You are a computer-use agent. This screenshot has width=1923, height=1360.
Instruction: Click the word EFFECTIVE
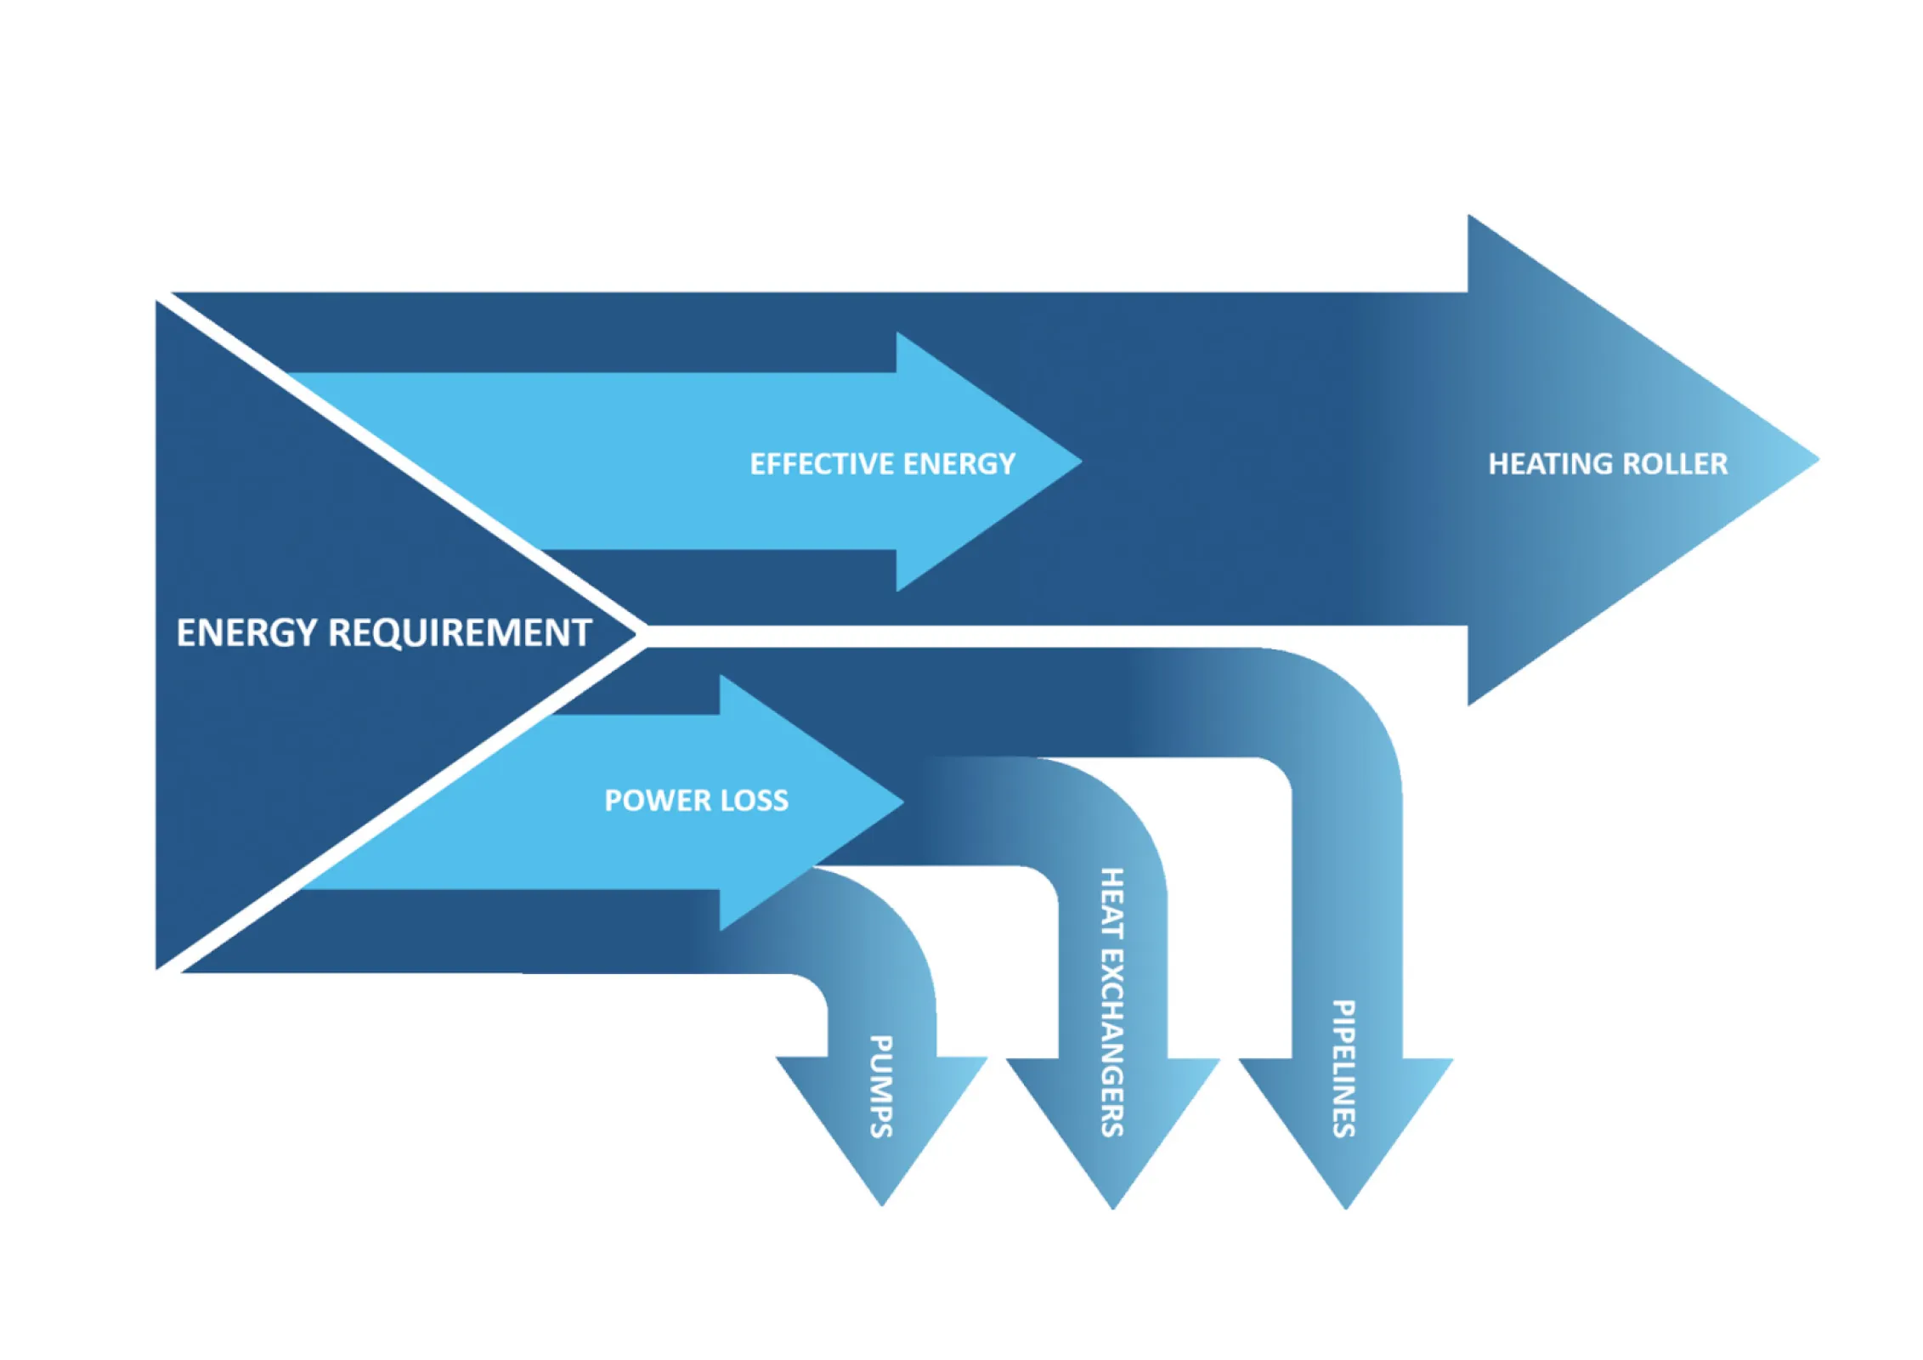pos(822,464)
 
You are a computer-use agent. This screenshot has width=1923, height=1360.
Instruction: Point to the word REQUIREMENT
pos(460,633)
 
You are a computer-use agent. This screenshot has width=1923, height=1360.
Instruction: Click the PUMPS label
pos(880,1086)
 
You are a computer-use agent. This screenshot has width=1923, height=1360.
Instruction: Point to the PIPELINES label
pos(1343,1068)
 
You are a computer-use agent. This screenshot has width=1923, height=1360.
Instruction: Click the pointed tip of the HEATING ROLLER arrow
pos(1817,460)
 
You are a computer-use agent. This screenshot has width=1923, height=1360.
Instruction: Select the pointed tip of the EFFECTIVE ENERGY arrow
pos(1080,462)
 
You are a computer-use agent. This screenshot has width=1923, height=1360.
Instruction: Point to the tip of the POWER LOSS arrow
pos(902,802)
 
